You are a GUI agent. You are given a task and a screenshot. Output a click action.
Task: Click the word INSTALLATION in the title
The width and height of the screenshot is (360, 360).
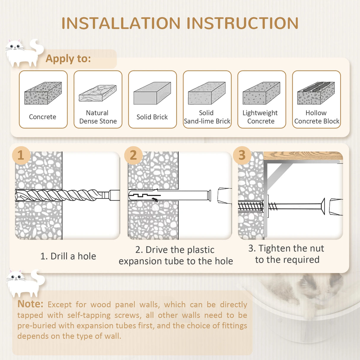(x=121, y=23)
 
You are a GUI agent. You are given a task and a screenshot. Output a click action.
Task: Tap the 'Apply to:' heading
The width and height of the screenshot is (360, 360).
(x=68, y=59)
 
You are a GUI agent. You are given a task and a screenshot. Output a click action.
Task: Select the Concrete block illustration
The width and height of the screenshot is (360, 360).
(x=43, y=93)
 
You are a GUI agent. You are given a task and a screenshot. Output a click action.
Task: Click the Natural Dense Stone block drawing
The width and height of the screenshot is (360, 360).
(x=98, y=93)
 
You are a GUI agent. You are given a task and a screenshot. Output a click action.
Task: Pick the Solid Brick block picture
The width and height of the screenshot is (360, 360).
(x=152, y=93)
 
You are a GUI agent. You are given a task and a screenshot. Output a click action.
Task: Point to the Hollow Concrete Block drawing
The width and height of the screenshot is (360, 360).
(x=316, y=93)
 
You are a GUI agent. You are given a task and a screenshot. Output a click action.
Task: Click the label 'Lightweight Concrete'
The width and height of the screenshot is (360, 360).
(x=260, y=117)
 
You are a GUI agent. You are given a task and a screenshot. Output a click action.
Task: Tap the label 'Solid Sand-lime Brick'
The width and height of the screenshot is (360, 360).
(x=207, y=117)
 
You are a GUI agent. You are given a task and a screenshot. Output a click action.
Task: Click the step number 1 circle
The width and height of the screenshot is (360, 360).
(x=21, y=155)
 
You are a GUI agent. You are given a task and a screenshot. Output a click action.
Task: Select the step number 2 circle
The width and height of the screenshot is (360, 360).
(x=133, y=155)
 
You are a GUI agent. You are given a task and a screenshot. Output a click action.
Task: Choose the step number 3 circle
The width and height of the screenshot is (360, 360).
(x=242, y=155)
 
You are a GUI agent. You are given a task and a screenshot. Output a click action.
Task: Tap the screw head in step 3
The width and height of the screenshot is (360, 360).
(x=323, y=207)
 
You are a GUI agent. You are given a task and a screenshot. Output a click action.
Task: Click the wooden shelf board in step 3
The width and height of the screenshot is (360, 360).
(x=303, y=156)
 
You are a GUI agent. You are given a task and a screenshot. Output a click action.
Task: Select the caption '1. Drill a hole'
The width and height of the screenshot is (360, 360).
(x=68, y=256)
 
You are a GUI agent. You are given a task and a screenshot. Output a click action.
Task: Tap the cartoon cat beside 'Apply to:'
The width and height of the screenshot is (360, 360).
(x=24, y=53)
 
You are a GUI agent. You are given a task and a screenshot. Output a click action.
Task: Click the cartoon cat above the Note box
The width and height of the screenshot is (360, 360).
(x=25, y=283)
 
